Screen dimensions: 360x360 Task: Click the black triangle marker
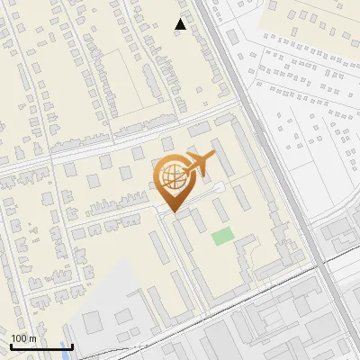(x=181, y=24)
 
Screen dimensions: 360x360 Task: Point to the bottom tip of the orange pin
(x=173, y=212)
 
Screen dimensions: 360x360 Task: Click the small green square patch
(x=221, y=237)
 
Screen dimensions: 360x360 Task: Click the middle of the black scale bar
(x=40, y=346)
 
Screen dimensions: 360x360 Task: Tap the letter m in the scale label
(x=32, y=339)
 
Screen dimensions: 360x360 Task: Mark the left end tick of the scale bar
(x=10, y=346)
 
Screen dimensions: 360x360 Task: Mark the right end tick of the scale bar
(x=72, y=346)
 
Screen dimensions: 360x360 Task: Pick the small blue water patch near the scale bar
(x=65, y=346)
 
